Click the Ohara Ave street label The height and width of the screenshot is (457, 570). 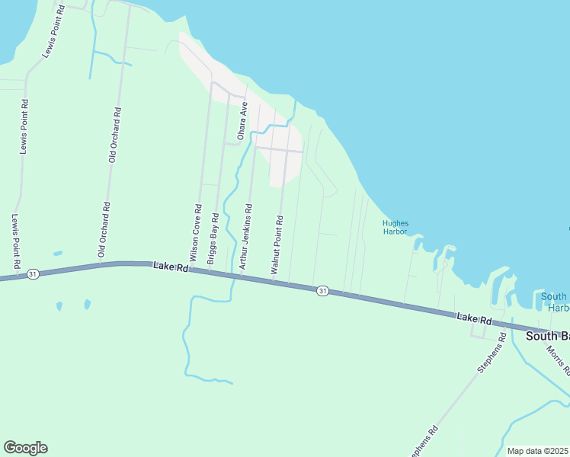pyautogui.click(x=243, y=120)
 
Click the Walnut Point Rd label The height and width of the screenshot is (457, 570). pyautogui.click(x=277, y=245)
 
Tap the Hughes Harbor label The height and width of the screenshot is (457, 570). pyautogui.click(x=395, y=227)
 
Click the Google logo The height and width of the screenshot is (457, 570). pyautogui.click(x=25, y=448)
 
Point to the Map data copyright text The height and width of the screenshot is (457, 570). pyautogui.click(x=537, y=451)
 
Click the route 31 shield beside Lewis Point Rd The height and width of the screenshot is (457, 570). pyautogui.click(x=32, y=273)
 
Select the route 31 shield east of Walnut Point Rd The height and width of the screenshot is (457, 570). pyautogui.click(x=322, y=291)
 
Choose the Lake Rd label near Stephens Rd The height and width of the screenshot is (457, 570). pyautogui.click(x=473, y=318)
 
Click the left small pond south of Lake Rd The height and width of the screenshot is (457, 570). pyautogui.click(x=59, y=306)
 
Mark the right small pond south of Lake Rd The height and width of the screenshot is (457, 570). pyautogui.click(x=87, y=304)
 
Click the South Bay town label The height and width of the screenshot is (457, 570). pyautogui.click(x=549, y=335)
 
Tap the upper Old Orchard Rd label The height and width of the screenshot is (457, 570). pyautogui.click(x=115, y=135)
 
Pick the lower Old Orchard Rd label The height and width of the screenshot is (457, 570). pyautogui.click(x=103, y=229)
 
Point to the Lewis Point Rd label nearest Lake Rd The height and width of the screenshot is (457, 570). pyautogui.click(x=15, y=241)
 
